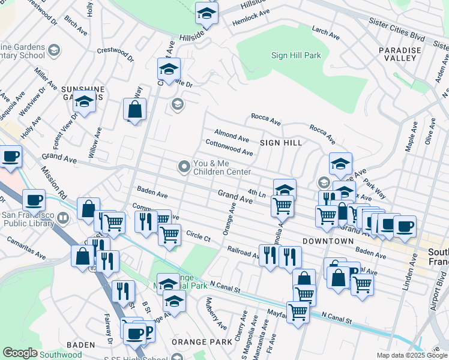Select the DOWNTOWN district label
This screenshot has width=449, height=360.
point(328,241)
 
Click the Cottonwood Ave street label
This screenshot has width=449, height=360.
point(229,148)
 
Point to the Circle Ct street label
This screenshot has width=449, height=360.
point(198,236)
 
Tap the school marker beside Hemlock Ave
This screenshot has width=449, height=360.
point(206,14)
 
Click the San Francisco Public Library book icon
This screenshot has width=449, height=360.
point(65,216)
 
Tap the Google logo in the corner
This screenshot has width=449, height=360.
point(20,353)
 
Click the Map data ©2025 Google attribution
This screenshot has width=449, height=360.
point(411,355)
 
